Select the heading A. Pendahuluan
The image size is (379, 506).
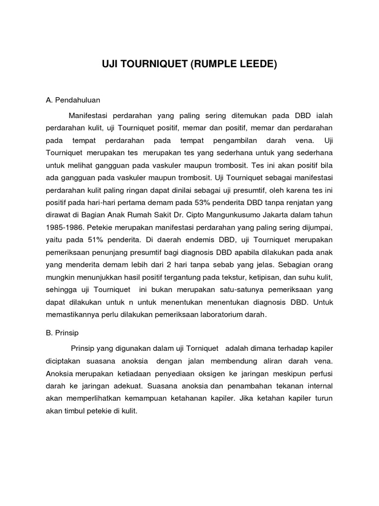[x=73, y=100]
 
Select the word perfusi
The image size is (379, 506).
[x=321, y=372]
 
